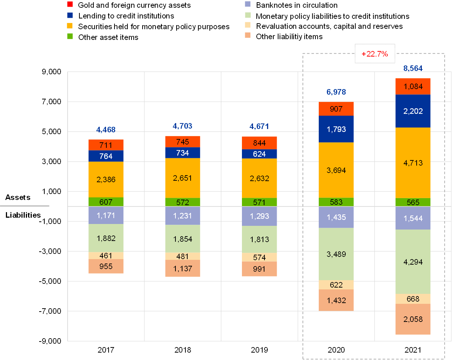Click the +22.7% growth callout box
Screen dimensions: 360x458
point(375,54)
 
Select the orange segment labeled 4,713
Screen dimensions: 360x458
point(413,163)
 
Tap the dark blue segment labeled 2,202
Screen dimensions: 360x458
point(413,111)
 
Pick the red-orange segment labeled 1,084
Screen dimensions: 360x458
point(413,86)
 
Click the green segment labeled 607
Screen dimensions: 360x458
point(106,202)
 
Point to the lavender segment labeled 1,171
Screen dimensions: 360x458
point(106,215)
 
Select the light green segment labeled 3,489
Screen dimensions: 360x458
point(336,254)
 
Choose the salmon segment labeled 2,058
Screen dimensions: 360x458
point(413,319)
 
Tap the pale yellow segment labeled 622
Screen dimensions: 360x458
point(336,285)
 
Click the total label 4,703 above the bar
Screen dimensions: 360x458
point(182,126)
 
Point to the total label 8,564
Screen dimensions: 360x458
point(413,68)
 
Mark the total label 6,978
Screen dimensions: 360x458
point(336,92)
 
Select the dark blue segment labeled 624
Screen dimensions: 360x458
point(259,154)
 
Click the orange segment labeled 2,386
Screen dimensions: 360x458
point(106,179)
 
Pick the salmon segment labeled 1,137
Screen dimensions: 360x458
point(182,268)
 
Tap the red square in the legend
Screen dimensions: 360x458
point(70,4)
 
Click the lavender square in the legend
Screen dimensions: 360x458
point(247,4)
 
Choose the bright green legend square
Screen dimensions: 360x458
point(70,36)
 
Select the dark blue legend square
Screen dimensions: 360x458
point(70,15)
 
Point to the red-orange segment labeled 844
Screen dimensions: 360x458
point(259,143)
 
